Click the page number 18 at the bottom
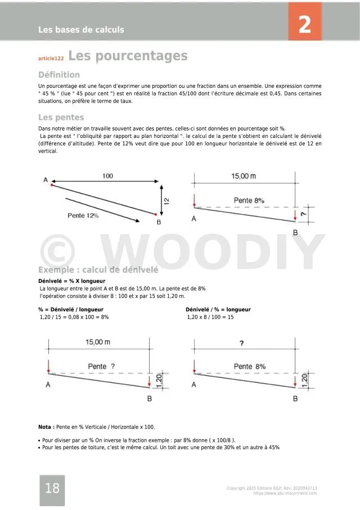pos(52,488)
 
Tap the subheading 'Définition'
pos(59,75)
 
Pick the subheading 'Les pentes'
pos(61,118)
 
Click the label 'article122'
pos(51,58)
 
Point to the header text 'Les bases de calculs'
pos(81,29)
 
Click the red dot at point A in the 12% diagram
pos(52,185)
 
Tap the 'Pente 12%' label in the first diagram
pos(83,216)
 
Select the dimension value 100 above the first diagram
pos(107,176)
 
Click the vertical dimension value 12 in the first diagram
pos(166,200)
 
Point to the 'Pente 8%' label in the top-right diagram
pos(249,200)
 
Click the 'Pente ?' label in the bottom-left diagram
pos(102,366)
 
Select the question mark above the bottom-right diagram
pos(241,343)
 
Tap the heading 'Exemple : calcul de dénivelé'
pos(98,270)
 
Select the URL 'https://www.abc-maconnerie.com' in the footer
pos(285,493)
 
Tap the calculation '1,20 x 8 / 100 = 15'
pos(210,317)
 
